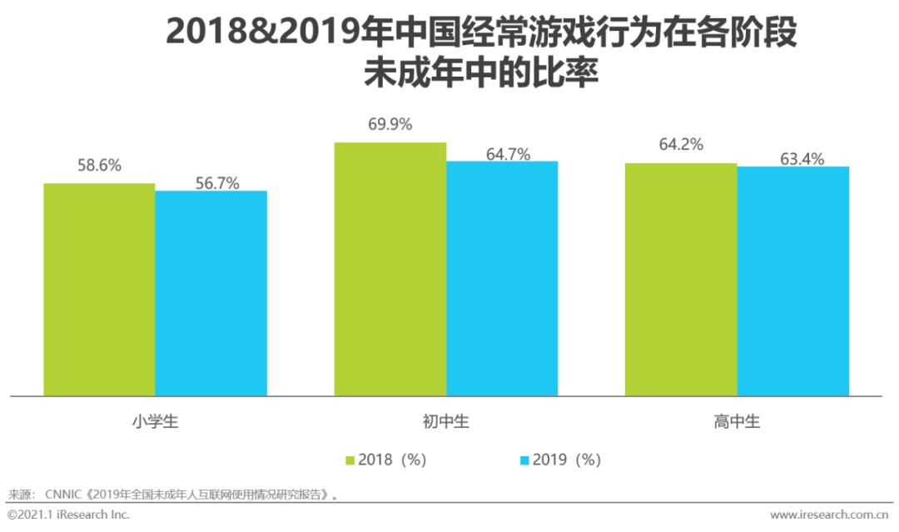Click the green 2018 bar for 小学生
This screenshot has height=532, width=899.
tap(99, 289)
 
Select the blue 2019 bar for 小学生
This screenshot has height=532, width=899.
tap(211, 293)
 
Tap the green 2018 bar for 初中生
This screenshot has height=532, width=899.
tap(390, 269)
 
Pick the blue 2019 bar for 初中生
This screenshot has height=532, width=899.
tap(502, 278)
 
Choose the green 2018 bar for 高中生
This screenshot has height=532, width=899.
tap(681, 279)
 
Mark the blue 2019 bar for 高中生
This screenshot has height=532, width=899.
tap(792, 281)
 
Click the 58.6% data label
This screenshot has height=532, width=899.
tap(99, 166)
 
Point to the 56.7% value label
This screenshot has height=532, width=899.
tap(217, 183)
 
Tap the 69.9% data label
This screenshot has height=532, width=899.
tap(390, 125)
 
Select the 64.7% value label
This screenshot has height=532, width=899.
tap(508, 154)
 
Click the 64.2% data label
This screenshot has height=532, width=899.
tap(681, 145)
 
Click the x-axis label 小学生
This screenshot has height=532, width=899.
tap(155, 422)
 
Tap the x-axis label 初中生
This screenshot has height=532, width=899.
tap(445, 422)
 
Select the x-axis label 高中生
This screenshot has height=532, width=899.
tap(737, 422)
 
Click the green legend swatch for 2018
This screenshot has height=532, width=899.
tap(350, 460)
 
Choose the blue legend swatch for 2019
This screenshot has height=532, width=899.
tap(524, 460)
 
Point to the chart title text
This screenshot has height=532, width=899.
tap(481, 52)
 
